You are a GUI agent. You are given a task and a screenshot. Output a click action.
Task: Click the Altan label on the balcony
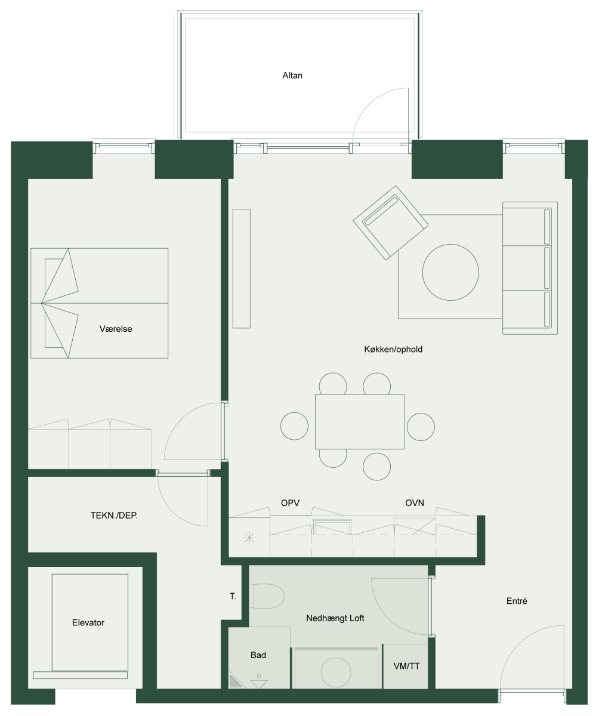tap(292, 75)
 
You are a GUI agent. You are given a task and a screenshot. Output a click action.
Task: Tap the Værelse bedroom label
tap(116, 329)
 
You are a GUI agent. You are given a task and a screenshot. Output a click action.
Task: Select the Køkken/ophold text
tap(393, 350)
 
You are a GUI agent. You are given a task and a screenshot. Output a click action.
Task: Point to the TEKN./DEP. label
tap(114, 516)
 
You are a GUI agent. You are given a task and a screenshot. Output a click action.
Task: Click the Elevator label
tap(88, 623)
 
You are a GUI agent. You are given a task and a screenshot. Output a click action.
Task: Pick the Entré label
tap(517, 601)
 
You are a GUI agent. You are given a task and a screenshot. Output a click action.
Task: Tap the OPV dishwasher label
tap(290, 503)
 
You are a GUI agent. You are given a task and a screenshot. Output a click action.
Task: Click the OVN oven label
tap(415, 503)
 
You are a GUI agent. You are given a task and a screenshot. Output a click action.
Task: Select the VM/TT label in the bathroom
tap(406, 666)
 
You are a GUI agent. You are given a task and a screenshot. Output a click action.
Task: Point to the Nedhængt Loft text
tap(335, 618)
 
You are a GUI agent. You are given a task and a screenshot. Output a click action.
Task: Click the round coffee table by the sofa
tap(450, 272)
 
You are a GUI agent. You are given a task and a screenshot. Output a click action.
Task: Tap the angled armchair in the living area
tap(391, 223)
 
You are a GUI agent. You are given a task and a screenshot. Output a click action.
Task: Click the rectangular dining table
tap(360, 422)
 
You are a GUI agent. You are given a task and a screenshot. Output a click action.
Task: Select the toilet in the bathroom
tap(267, 596)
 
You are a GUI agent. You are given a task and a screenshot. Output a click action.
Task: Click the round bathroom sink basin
tap(336, 672)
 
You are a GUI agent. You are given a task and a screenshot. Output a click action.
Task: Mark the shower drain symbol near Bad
tap(259, 683)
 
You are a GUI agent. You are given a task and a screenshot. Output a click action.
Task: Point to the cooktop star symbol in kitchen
tap(249, 538)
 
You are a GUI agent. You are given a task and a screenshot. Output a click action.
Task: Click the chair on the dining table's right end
tap(421, 427)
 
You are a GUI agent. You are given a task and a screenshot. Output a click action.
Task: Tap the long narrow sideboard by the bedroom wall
tap(242, 268)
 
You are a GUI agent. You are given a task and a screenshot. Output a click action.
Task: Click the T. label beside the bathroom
tap(233, 596)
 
